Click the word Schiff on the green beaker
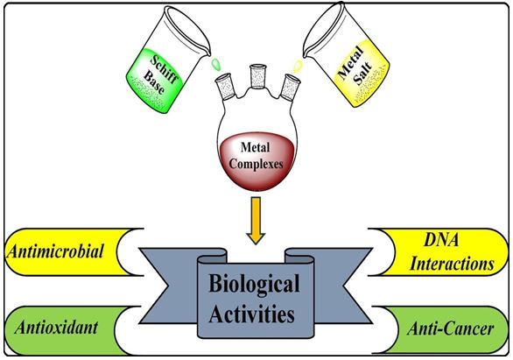pyautogui.click(x=165, y=69)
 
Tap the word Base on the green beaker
pyautogui.click(x=154, y=82)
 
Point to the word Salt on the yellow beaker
pyautogui.click(x=363, y=74)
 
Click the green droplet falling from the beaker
pyautogui.click(x=216, y=63)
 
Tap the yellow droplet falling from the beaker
pyautogui.click(x=298, y=66)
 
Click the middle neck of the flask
pyautogui.click(x=258, y=76)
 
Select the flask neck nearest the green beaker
pyautogui.click(x=225, y=87)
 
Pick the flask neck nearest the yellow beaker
pyautogui.click(x=290, y=87)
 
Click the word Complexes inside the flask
pyautogui.click(x=256, y=164)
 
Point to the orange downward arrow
pyautogui.click(x=256, y=221)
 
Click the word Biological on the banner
pyautogui.click(x=254, y=284)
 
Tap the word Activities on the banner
pyautogui.click(x=251, y=314)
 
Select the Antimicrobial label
pyautogui.click(x=55, y=251)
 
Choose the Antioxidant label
pyautogui.click(x=56, y=328)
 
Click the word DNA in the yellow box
pyautogui.click(x=441, y=240)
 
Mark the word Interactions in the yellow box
pyautogui.click(x=452, y=264)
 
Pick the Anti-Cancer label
pyautogui.click(x=451, y=328)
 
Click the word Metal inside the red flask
pyautogui.click(x=256, y=147)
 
